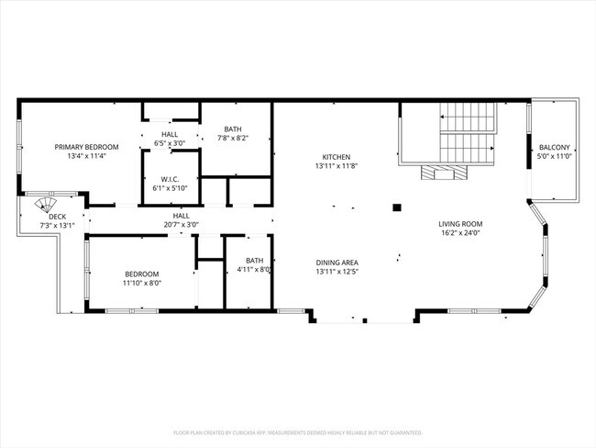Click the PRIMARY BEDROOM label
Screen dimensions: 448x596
coord(86,147)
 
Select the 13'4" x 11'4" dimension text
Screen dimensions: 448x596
coord(86,156)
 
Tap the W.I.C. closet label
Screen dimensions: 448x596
coord(169,179)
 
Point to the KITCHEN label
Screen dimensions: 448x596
coord(336,156)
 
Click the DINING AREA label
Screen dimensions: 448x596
coord(337,262)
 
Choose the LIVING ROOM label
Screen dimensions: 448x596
coord(460,224)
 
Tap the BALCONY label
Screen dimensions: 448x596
coord(554,147)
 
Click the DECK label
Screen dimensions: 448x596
coord(56,217)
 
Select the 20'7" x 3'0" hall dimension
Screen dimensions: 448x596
coord(181,224)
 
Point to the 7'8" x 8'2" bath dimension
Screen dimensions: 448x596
coord(233,139)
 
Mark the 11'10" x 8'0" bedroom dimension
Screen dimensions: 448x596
coord(142,283)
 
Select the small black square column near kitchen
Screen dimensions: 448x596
coord(396,208)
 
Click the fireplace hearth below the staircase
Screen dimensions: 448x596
coord(442,174)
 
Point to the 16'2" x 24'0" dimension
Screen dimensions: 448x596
coord(460,233)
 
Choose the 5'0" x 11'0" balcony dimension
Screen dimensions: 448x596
coord(554,156)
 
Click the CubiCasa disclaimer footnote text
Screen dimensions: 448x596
coord(297,431)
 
